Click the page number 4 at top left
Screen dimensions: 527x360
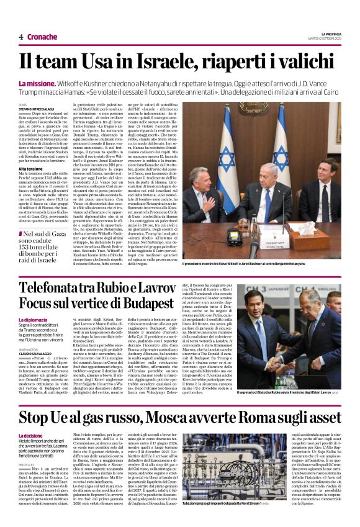click(20, 37)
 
